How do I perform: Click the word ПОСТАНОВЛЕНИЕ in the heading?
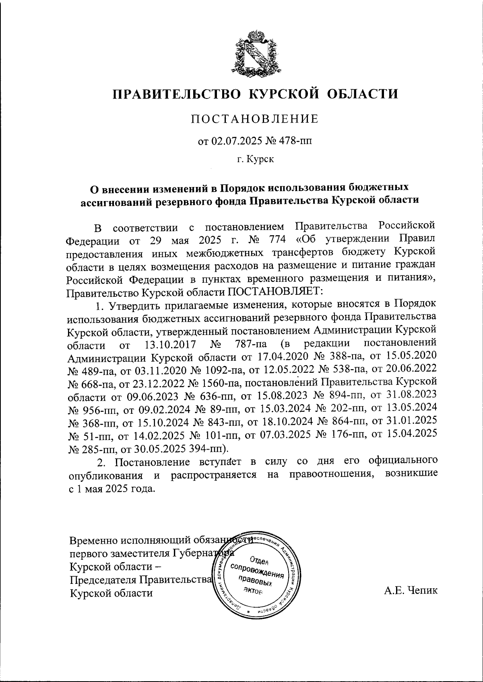[254, 119]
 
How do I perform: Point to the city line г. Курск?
[255, 160]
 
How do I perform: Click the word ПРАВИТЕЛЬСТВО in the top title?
[177, 94]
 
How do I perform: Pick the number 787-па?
[250, 345]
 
